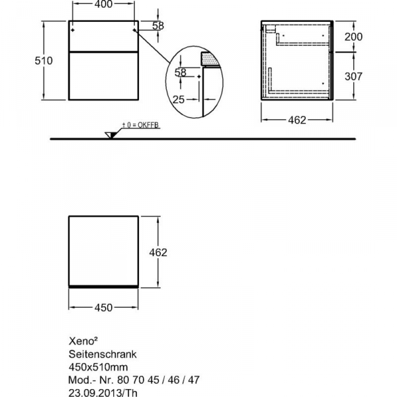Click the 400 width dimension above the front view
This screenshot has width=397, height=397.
pyautogui.click(x=103, y=5)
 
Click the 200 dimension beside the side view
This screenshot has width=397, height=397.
pyautogui.click(x=355, y=36)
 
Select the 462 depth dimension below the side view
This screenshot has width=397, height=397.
pyautogui.click(x=296, y=120)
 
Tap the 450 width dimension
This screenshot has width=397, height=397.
pyautogui.click(x=103, y=307)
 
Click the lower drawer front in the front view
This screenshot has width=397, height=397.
pyautogui.click(x=103, y=77)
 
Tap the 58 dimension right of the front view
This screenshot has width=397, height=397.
pyautogui.click(x=157, y=26)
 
